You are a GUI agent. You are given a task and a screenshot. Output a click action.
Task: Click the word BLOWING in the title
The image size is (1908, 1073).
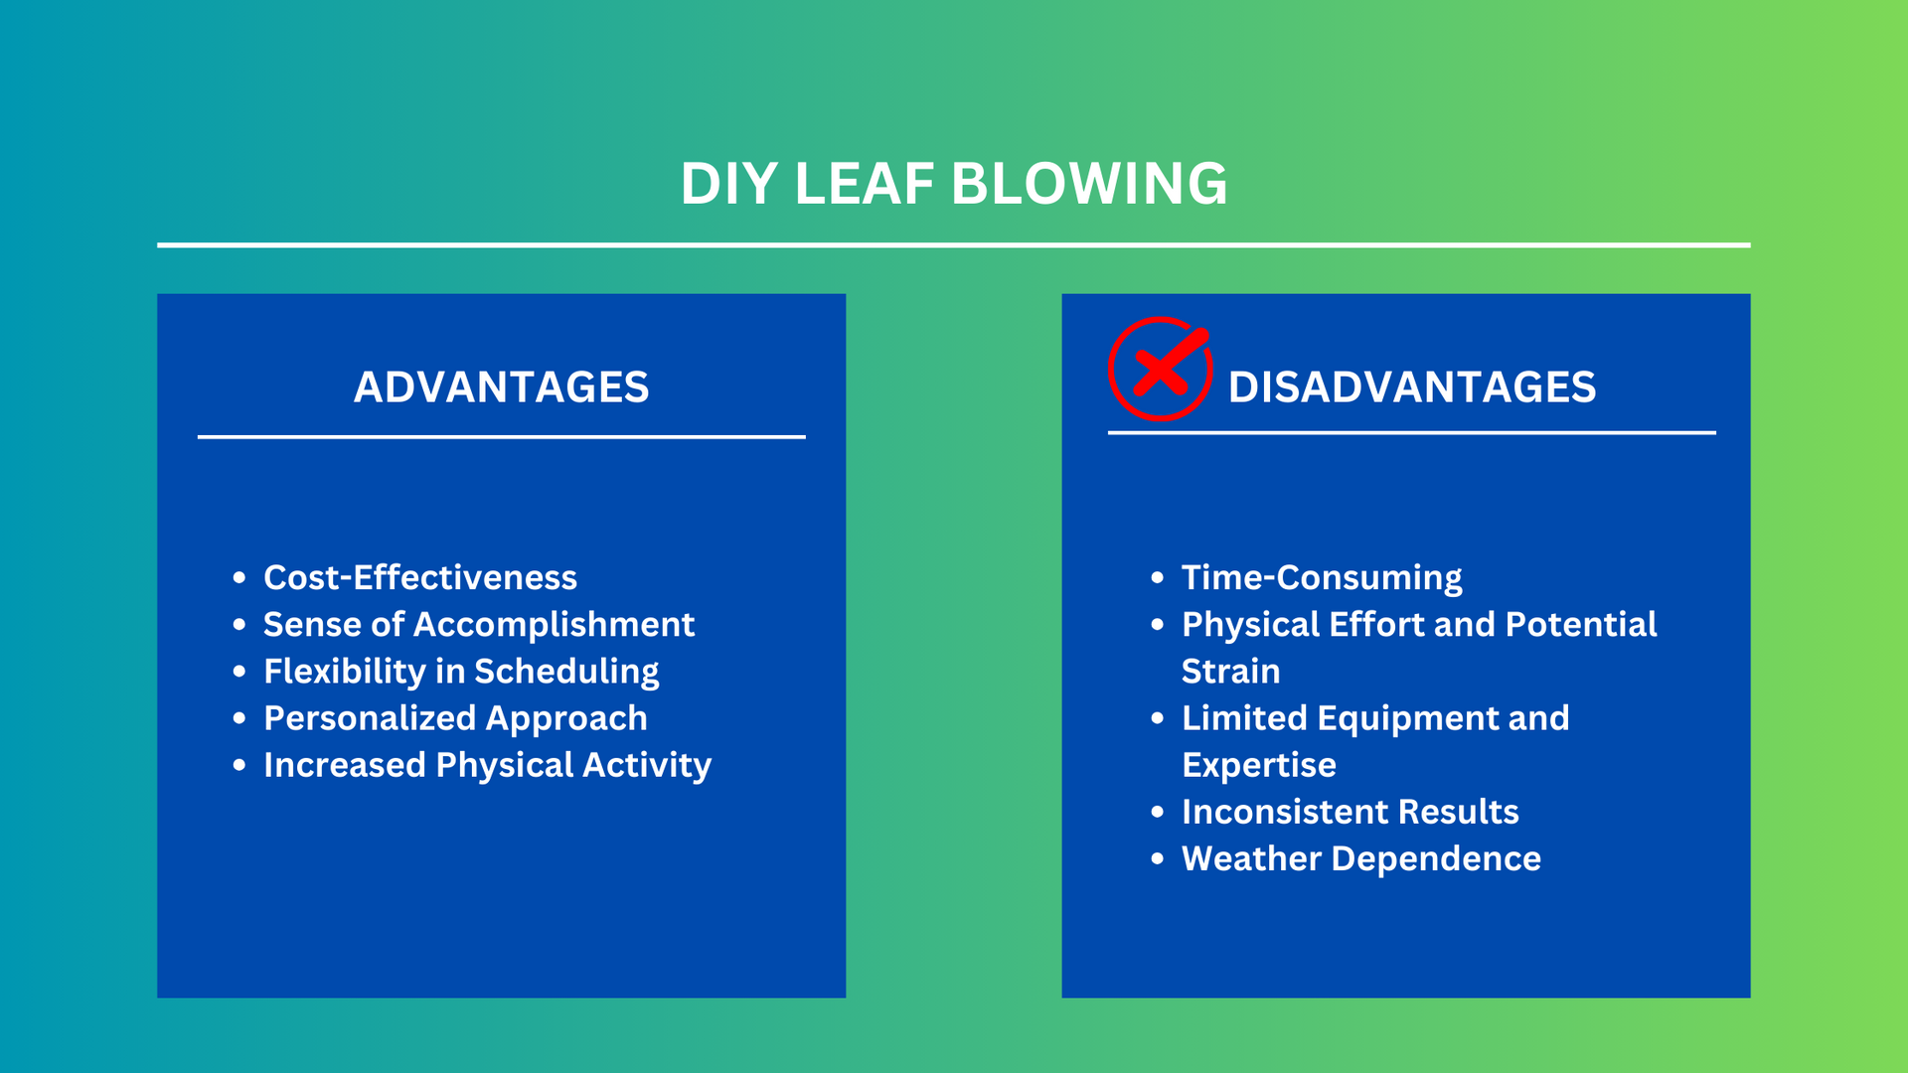1089,184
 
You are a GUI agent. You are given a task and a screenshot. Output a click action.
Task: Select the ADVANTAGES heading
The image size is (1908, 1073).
502,386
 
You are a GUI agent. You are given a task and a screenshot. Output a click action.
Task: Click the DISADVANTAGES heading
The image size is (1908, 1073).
1412,386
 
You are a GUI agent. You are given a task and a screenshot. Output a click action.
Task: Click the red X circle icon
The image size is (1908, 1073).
1160,369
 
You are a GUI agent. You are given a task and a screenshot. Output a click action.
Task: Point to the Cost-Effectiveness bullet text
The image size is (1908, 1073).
420,577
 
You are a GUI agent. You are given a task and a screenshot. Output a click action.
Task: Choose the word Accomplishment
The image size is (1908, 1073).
554,625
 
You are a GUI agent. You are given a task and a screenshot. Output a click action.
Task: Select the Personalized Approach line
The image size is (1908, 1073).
455,718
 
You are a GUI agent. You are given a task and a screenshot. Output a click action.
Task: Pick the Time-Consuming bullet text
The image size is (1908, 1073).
1322,578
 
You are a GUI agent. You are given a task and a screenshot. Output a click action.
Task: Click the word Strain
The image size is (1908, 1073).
1230,672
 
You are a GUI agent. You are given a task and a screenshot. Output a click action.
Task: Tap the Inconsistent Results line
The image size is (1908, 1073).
1351,812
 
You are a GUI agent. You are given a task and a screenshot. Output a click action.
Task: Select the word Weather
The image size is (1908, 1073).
1251,858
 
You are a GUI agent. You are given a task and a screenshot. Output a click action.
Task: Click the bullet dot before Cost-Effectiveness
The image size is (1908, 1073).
238,577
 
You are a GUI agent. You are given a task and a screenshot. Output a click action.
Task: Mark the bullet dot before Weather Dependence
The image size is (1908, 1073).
1157,858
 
